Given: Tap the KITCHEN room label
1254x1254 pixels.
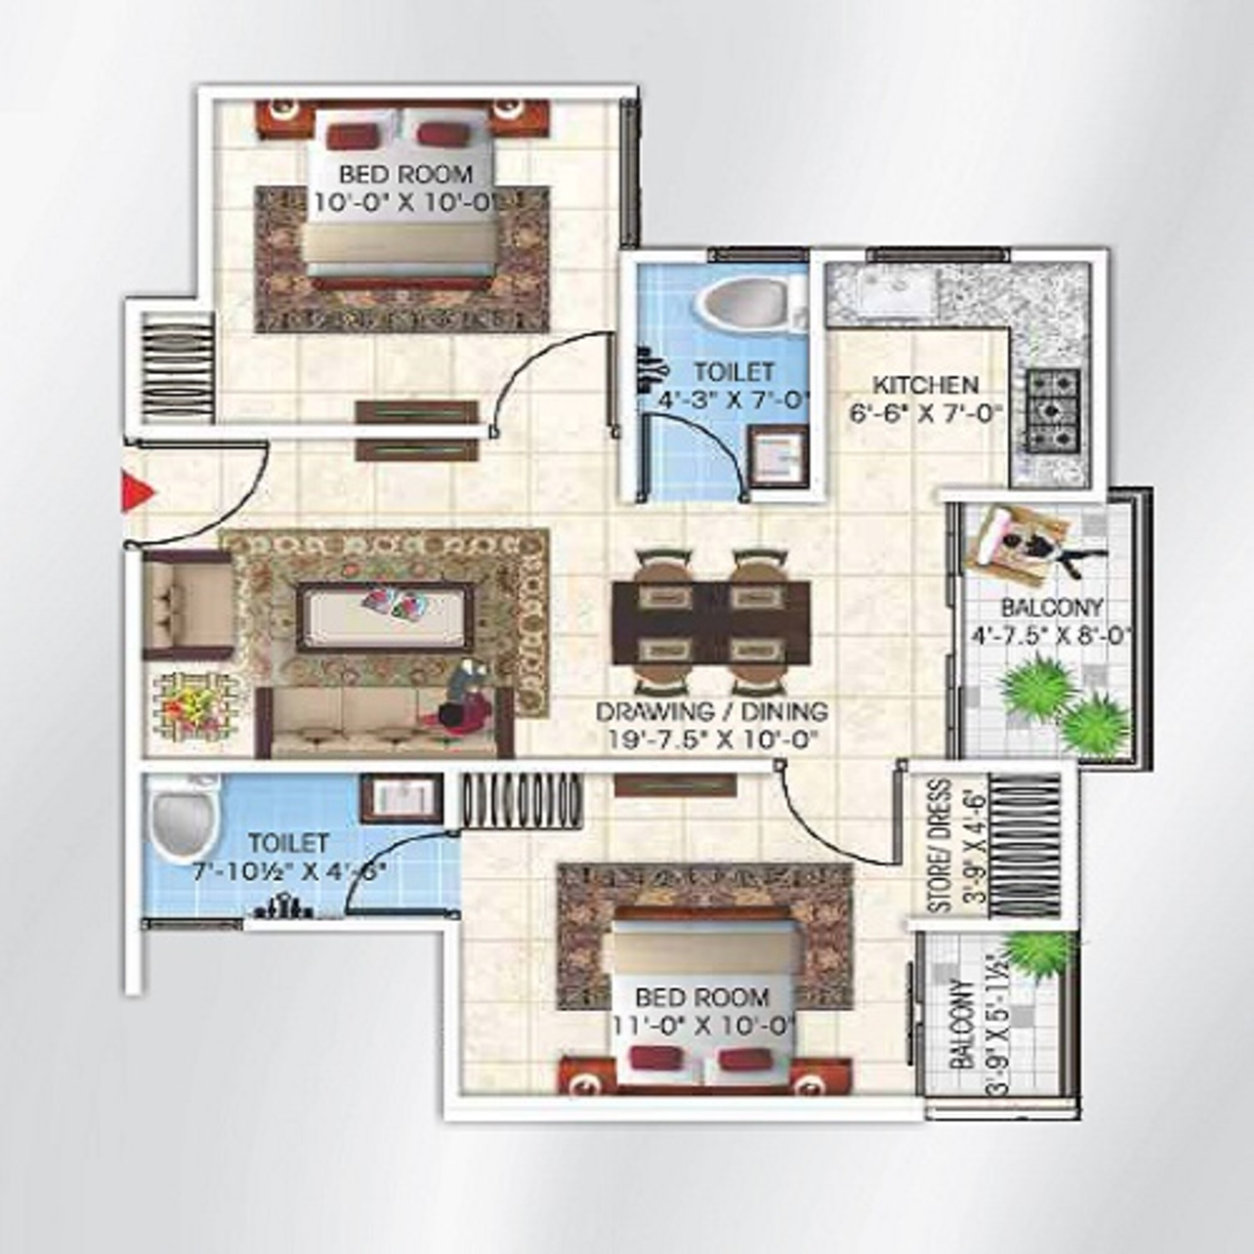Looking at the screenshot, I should pyautogui.click(x=925, y=385).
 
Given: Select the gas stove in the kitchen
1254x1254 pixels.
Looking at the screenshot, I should pyautogui.click(x=1053, y=410).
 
